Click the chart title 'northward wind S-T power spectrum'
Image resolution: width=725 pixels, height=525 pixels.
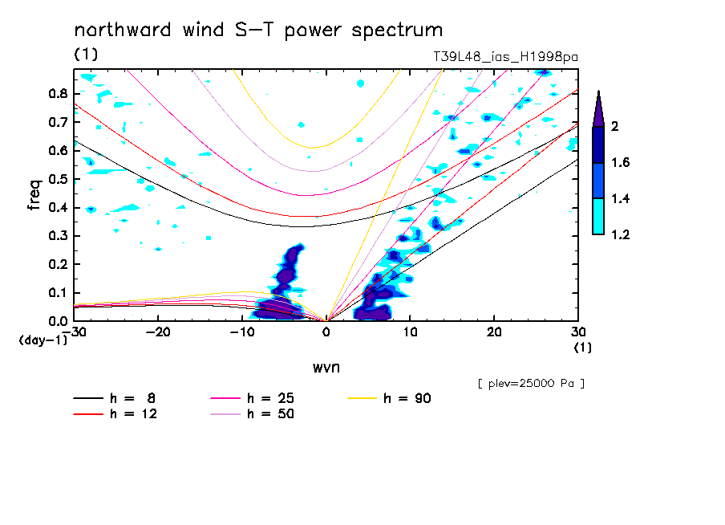click(x=258, y=31)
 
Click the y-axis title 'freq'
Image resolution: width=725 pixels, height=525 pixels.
click(x=34, y=195)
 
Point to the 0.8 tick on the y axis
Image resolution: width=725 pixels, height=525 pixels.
click(x=56, y=93)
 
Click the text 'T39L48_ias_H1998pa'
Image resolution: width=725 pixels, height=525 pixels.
click(x=505, y=56)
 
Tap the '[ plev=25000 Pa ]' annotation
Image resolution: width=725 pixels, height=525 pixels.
click(x=530, y=384)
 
